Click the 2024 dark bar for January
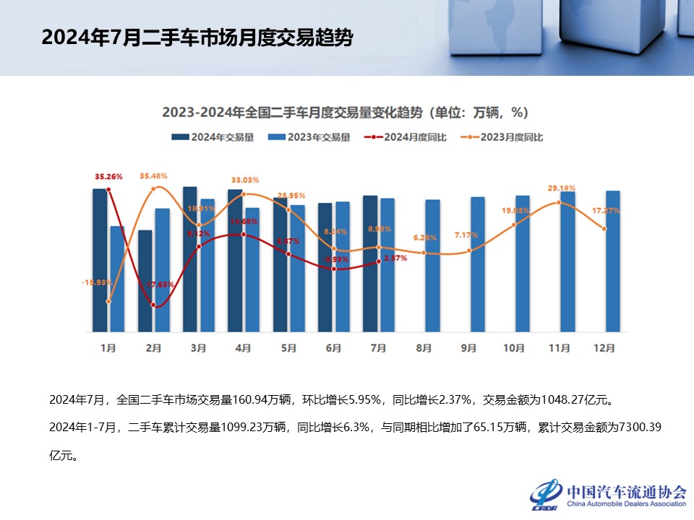pyautogui.click(x=100, y=260)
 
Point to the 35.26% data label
pyautogui.click(x=108, y=176)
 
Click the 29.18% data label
pyautogui.click(x=561, y=188)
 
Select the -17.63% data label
pyautogui.click(x=156, y=285)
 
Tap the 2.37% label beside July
pyautogui.click(x=395, y=258)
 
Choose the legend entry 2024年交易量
pyautogui.click(x=213, y=137)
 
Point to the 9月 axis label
pyautogui.click(x=469, y=348)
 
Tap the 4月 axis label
pyautogui.click(x=244, y=348)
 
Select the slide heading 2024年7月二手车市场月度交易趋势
pyautogui.click(x=197, y=38)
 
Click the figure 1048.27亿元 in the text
pyautogui.click(x=578, y=399)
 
